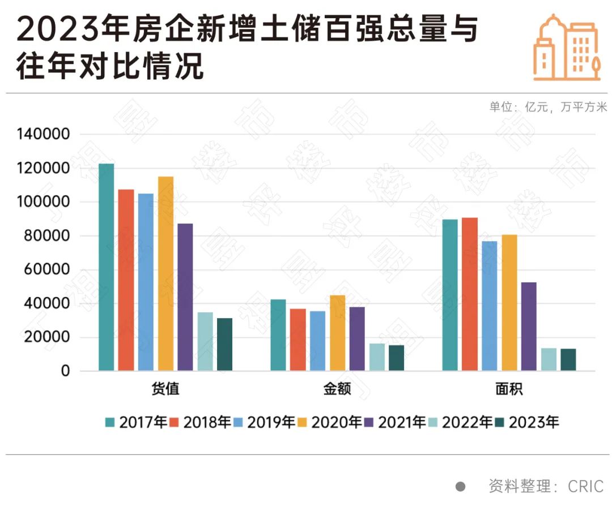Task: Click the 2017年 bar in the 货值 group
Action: pyautogui.click(x=106, y=267)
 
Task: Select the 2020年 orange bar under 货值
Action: pyautogui.click(x=165, y=274)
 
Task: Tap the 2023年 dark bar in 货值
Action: pyautogui.click(x=224, y=345)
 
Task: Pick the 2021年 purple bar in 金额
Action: pyautogui.click(x=357, y=339)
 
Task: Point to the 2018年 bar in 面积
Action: pyautogui.click(x=469, y=294)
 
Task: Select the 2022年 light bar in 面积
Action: pyautogui.click(x=549, y=359)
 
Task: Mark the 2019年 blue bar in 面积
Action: pyautogui.click(x=489, y=306)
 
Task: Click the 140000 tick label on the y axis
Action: pyautogui.click(x=43, y=135)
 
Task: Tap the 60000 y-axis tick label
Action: pyautogui.click(x=48, y=270)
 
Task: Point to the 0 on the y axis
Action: pyautogui.click(x=66, y=371)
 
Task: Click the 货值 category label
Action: pyautogui.click(x=165, y=389)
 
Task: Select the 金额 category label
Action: pyautogui.click(x=337, y=389)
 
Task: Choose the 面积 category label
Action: pyautogui.click(x=509, y=389)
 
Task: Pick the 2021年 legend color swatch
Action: pyautogui.click(x=369, y=422)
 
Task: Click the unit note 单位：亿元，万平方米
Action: pyautogui.click(x=548, y=107)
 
